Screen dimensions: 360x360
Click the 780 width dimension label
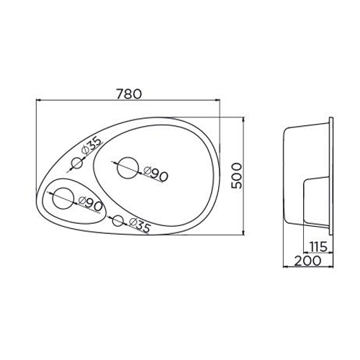click(129, 94)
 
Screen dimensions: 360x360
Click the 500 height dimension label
click(236, 176)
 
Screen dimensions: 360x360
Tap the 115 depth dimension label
click(318, 246)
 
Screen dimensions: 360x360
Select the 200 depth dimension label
click(307, 261)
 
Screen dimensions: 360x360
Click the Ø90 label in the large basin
click(156, 174)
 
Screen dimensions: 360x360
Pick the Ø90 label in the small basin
click(90, 204)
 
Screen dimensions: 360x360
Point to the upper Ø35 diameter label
click(91, 145)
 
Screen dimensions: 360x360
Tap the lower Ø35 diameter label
click(140, 225)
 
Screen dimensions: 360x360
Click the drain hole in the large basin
click(128, 168)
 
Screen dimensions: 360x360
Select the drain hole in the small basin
click(63, 198)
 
